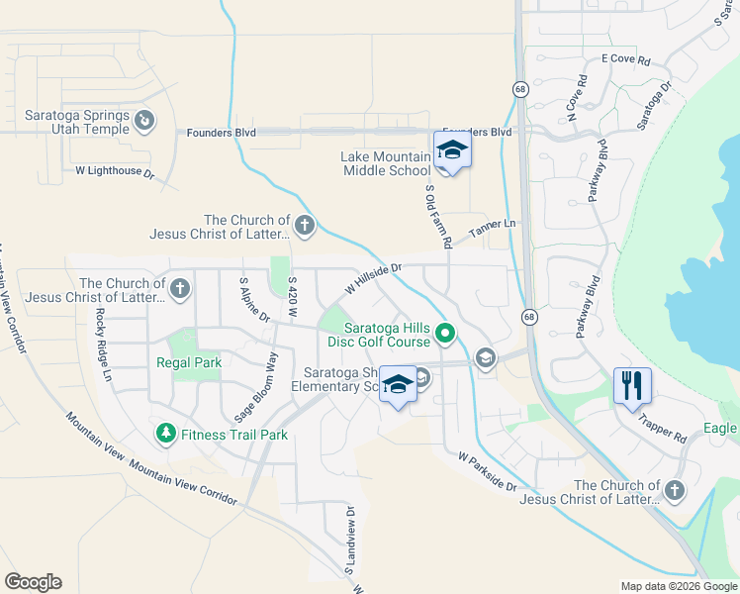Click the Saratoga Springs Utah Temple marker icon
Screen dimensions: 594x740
(x=144, y=121)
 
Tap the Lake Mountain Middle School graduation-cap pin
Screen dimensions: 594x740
(x=452, y=150)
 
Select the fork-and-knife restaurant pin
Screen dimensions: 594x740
(x=632, y=384)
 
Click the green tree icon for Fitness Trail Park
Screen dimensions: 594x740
(x=165, y=434)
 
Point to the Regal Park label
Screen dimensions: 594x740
(x=189, y=362)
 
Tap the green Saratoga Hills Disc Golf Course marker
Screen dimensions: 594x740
(x=445, y=333)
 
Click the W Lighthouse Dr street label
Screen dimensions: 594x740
(x=116, y=172)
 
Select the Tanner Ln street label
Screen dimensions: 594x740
(x=493, y=229)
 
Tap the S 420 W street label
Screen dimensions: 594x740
(x=293, y=297)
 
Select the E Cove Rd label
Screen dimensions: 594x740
(x=625, y=60)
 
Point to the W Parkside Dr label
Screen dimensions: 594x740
(x=487, y=472)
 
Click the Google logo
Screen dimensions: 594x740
(x=33, y=582)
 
